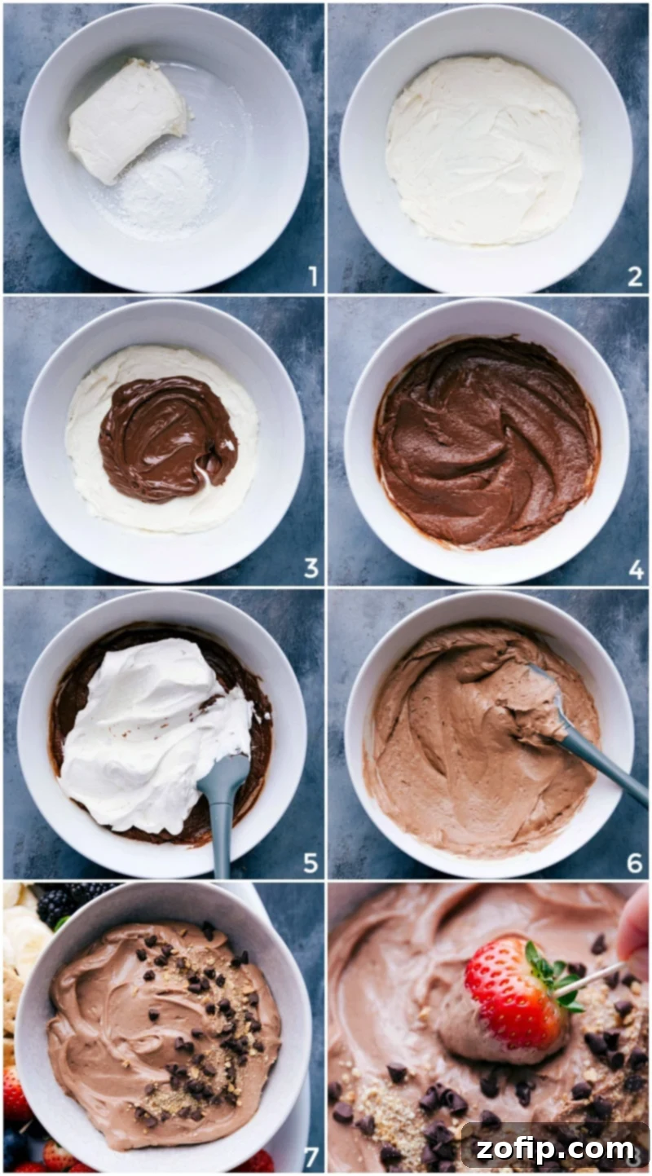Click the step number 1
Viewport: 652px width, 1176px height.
312,277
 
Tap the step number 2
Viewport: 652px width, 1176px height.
635,277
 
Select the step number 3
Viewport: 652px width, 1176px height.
311,568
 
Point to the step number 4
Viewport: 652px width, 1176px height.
636,570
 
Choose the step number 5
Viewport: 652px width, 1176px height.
311,862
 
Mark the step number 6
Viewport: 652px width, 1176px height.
635,862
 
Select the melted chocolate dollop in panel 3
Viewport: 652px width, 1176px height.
167,438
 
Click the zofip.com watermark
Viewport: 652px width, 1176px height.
554,1149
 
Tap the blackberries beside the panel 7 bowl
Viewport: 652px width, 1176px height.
61,902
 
